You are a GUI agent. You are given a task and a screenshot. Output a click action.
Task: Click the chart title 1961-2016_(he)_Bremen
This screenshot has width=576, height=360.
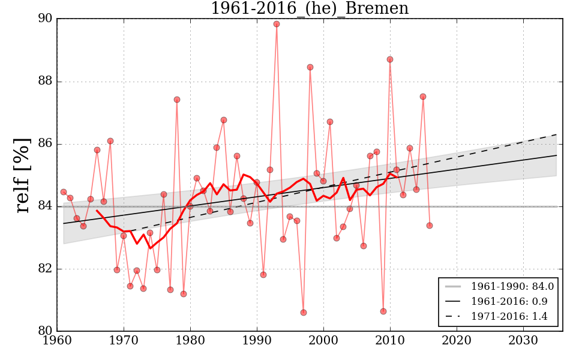pos(310,9)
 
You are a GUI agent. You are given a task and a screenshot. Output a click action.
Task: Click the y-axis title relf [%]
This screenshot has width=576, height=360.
pos(23,175)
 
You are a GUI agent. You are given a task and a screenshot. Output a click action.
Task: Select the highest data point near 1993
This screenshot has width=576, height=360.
pos(277,24)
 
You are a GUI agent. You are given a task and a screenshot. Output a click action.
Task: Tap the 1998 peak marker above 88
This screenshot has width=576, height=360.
pos(310,67)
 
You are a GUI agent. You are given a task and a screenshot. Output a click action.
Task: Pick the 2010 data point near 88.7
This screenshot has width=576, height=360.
pos(390,59)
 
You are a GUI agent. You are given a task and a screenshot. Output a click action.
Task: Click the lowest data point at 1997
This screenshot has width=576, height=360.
pos(304,313)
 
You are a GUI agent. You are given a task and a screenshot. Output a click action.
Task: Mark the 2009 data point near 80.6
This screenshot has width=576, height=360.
pos(383,311)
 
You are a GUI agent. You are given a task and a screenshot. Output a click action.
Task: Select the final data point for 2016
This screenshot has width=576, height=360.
pos(430,226)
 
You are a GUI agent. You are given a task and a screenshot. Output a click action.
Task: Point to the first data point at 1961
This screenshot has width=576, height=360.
pos(64,192)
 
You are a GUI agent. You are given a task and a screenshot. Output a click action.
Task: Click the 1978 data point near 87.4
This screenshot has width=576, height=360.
pos(177,100)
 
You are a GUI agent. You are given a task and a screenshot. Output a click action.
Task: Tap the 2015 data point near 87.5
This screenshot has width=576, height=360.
pos(423,97)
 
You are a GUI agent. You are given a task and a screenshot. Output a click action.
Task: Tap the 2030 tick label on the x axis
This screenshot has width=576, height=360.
pos(523,340)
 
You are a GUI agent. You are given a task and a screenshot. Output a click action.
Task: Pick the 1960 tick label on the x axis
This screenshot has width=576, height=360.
pos(58,340)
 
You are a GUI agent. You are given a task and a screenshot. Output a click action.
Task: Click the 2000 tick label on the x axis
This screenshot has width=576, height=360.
pos(324,340)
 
